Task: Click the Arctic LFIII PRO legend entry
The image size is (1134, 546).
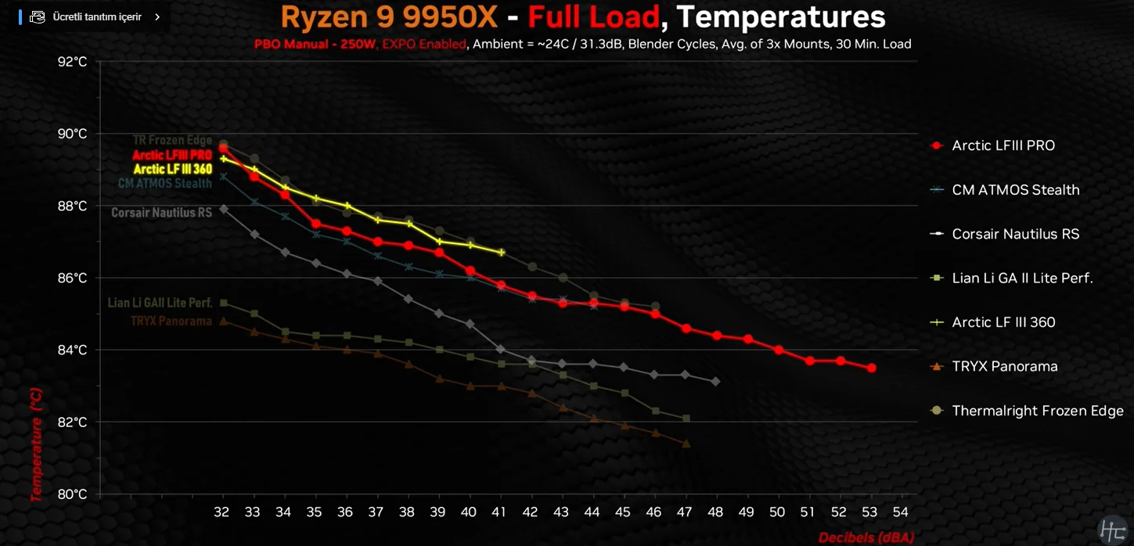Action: pos(1003,145)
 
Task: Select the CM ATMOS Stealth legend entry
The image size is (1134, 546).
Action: pos(1015,190)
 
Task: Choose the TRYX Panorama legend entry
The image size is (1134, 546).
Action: pos(1004,367)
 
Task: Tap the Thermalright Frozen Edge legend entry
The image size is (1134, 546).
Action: pos(1037,411)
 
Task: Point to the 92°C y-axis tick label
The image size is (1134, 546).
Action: pos(73,62)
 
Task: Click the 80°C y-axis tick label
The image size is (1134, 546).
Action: pos(73,494)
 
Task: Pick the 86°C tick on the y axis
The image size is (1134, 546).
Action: pos(73,278)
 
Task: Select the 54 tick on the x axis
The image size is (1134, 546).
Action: pos(902,512)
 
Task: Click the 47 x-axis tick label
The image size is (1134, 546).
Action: pos(686,512)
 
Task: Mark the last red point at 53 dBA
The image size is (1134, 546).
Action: pos(871,368)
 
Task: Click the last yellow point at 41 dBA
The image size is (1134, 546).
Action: pos(502,252)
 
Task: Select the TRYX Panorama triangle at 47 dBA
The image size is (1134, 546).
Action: pos(686,444)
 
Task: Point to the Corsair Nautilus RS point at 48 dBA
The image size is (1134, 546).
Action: pos(715,381)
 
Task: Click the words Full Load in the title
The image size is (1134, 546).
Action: pos(592,16)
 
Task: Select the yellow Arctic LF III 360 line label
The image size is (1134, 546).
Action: pos(172,169)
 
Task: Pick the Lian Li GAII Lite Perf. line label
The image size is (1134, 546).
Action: pos(160,303)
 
